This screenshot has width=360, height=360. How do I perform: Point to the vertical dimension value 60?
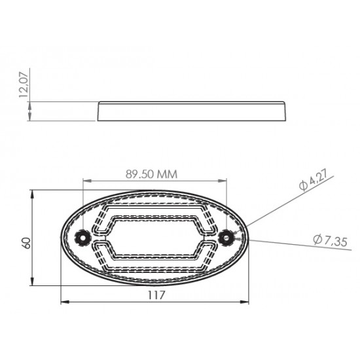26,242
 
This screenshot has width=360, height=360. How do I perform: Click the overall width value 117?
156,295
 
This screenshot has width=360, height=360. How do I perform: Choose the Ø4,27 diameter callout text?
314,180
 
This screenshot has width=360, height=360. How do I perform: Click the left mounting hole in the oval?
83,236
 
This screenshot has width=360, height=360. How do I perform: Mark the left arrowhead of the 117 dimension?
63,302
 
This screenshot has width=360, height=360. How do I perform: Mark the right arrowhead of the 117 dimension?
246,302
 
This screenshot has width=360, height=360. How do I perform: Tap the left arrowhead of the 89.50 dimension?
86,181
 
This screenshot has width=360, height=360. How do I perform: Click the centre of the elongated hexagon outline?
155,236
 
